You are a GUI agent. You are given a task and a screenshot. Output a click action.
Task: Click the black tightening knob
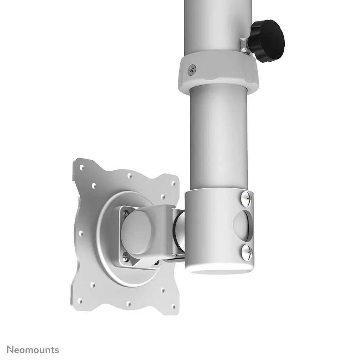click(267, 41)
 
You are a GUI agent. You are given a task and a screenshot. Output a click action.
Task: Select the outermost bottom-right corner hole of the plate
click(174, 307)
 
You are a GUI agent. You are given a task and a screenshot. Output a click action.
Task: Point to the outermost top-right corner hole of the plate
click(174, 183)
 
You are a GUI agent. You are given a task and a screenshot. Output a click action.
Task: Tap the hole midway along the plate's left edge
click(81, 233)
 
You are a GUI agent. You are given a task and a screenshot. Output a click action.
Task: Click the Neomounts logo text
click(33, 350)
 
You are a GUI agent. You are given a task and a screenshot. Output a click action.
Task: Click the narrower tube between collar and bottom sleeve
click(219, 140)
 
